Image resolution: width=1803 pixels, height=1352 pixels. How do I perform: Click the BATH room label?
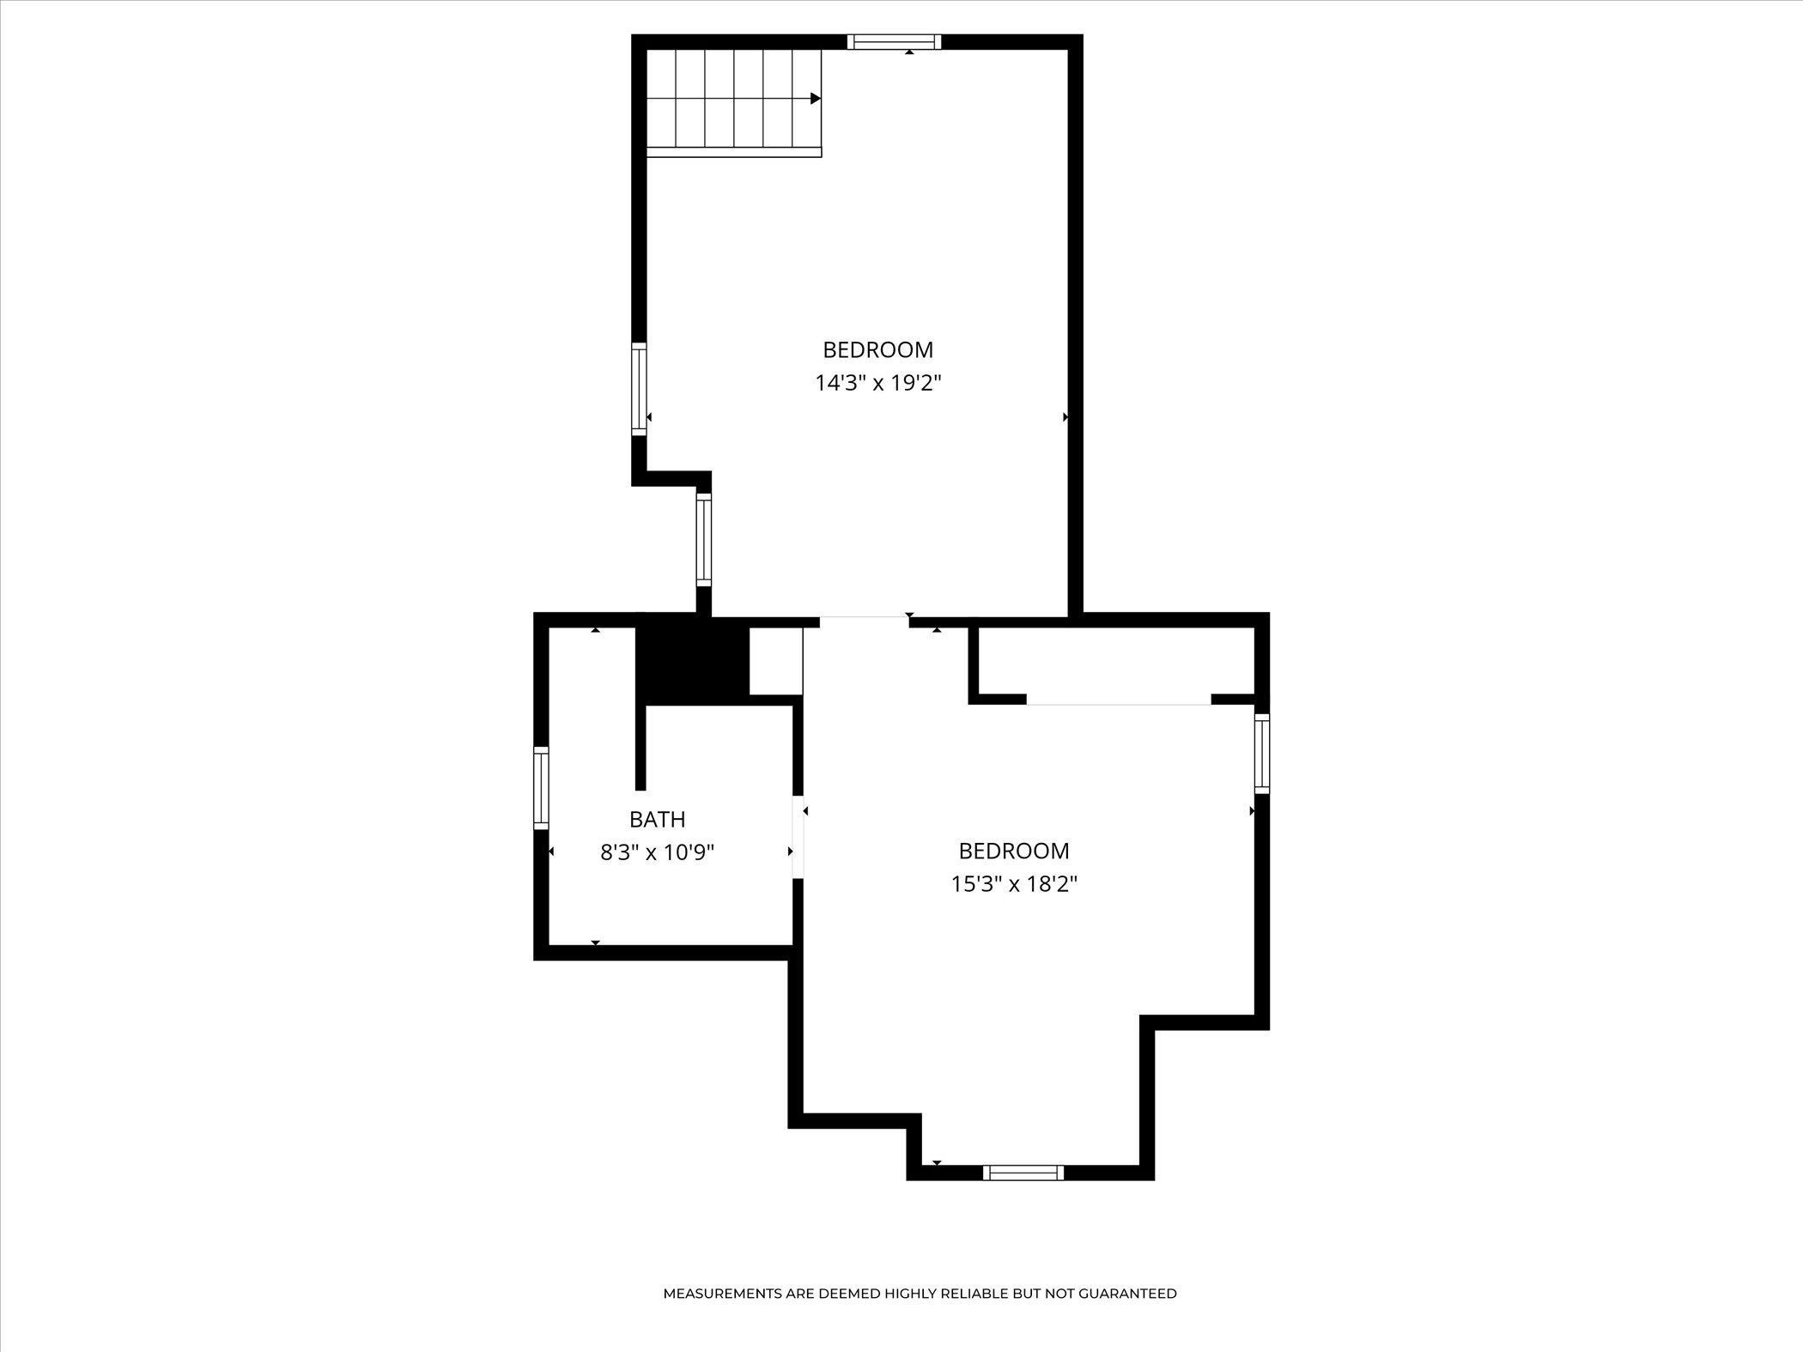coord(658,819)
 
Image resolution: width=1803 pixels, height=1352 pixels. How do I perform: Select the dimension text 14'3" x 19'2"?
coord(878,383)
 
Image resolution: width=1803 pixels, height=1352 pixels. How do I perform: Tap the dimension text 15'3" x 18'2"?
coord(1014,883)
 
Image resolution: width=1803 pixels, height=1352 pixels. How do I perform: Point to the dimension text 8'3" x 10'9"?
coord(658,852)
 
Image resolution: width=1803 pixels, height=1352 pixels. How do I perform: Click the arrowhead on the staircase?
coord(816,99)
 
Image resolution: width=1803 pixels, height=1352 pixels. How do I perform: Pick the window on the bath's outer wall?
coord(541,788)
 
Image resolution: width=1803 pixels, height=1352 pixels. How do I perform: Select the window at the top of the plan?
coord(895,42)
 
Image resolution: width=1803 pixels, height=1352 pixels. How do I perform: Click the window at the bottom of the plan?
coord(1023,1173)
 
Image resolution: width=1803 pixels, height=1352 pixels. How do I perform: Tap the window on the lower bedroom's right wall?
coord(1262,754)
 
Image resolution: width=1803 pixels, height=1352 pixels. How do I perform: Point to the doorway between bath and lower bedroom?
coord(798,837)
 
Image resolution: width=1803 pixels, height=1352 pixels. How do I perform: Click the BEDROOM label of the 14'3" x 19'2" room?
coord(878,349)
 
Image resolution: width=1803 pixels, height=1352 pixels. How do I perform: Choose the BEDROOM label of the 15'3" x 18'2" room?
coord(1014,851)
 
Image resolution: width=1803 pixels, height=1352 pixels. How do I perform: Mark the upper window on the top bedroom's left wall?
coord(639,389)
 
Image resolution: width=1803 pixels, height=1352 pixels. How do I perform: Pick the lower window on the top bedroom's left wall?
coord(704,540)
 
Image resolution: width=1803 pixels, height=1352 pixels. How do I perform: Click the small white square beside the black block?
coord(776,661)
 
